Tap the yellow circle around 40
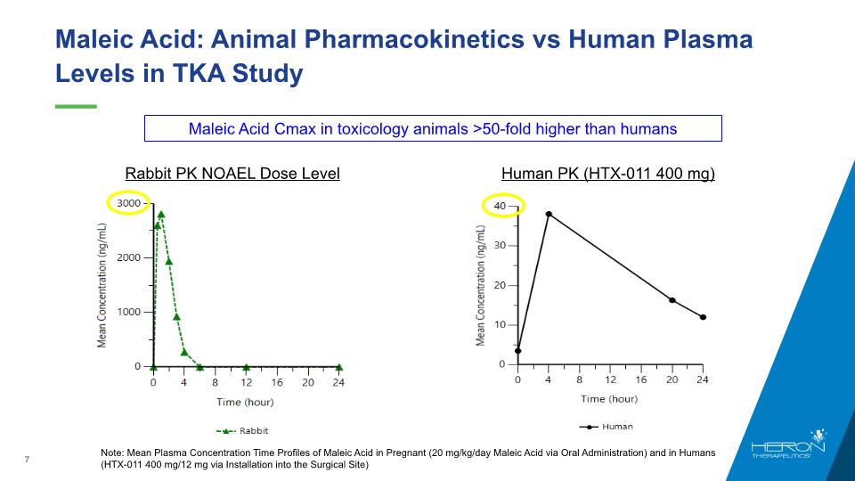[x=502, y=207]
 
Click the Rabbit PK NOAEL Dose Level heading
[x=232, y=174]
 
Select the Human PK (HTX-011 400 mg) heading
[x=608, y=174]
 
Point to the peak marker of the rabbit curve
[x=161, y=214]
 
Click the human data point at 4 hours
[x=549, y=214]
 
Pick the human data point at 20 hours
[x=672, y=300]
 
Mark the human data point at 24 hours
[x=703, y=317]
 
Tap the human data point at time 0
[x=517, y=351]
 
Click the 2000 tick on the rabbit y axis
[x=129, y=257]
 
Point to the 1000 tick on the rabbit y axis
[x=129, y=312]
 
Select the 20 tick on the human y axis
[x=501, y=285]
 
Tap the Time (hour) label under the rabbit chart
[x=247, y=403]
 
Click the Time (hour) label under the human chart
[x=611, y=398]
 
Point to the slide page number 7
[x=28, y=460]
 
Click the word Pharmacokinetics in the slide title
[x=416, y=40]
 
